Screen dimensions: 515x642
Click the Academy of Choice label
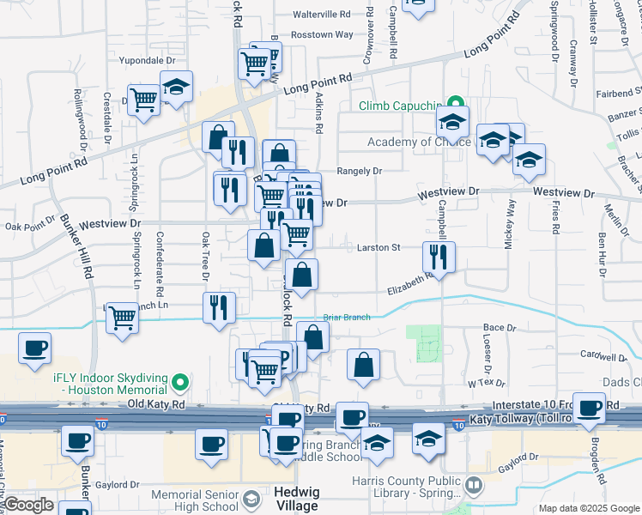coord(419,142)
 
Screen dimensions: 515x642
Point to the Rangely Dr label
coord(359,171)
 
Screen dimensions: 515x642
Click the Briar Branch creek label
coord(347,318)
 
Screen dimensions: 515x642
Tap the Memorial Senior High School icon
coord(251,500)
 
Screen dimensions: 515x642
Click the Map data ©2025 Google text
coord(589,508)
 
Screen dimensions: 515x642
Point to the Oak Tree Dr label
coord(205,255)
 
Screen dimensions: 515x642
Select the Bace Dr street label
coord(499,328)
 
